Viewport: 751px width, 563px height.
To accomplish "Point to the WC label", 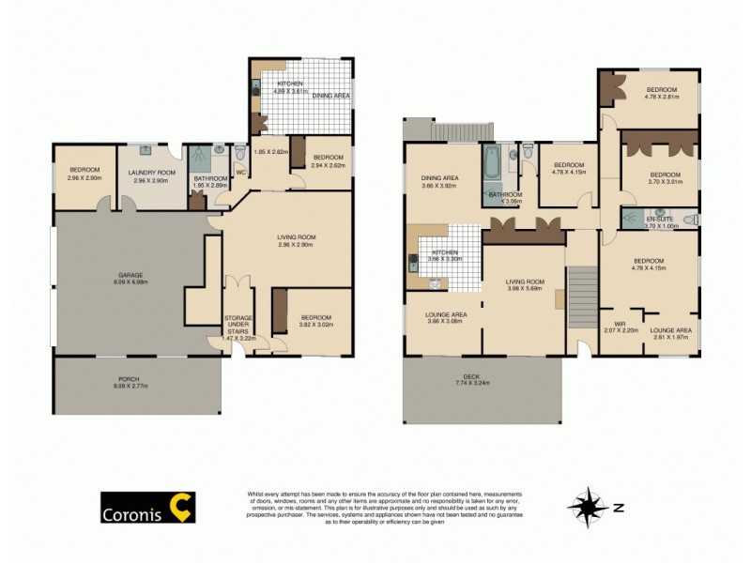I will [239, 172].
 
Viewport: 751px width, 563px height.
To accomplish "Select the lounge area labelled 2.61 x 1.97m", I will [671, 333].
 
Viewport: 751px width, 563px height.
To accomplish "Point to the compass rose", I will [589, 508].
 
